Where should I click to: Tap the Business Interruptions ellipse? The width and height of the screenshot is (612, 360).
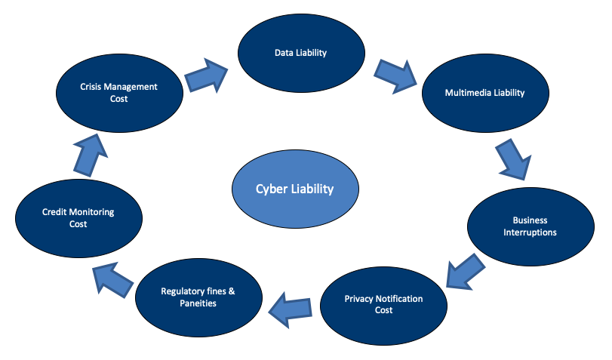530,226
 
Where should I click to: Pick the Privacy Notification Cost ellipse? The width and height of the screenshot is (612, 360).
383,304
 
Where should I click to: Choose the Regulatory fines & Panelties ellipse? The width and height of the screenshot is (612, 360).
199,297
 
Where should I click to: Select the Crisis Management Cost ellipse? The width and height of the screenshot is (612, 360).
119,92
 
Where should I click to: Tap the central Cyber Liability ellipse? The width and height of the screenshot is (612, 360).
294,189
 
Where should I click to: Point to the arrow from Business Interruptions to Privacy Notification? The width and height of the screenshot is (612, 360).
463,271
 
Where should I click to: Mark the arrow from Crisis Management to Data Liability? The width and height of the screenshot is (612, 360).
207,76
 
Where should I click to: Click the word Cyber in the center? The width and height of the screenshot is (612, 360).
272,189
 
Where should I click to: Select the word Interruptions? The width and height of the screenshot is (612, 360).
530,232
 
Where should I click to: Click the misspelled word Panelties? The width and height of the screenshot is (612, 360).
199,303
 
